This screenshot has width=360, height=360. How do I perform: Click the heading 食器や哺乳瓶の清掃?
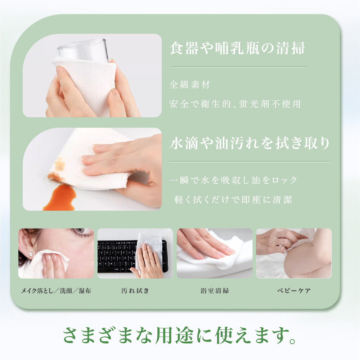237,48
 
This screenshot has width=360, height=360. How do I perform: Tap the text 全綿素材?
190,85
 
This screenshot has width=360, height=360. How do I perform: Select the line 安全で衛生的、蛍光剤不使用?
235,104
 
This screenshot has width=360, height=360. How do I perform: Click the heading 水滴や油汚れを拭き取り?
249,143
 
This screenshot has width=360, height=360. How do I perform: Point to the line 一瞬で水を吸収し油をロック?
233,180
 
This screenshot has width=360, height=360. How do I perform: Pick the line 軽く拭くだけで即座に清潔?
233,199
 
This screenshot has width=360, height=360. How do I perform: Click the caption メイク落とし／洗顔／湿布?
56,291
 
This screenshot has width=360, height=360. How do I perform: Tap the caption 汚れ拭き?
135,291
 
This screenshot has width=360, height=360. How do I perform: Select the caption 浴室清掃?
215,291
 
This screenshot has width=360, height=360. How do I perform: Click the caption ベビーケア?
294,291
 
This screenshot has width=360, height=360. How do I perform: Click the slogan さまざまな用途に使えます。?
180,335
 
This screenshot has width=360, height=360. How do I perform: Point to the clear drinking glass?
83,50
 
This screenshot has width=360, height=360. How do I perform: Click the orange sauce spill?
59,198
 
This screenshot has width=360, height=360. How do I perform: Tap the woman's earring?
30,255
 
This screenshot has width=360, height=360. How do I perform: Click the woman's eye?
81,231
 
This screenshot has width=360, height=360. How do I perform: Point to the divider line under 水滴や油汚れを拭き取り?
249,162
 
